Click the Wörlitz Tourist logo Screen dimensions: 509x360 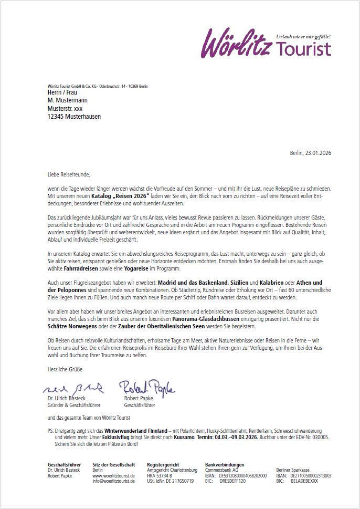pos(266,43)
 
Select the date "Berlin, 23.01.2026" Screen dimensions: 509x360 pos(310,153)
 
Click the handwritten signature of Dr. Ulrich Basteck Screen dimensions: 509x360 pos(74,389)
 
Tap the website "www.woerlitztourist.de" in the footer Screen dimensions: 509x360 pos(113,475)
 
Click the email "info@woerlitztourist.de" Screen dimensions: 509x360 pos(113,481)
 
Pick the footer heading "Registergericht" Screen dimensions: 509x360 pos(163,465)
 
